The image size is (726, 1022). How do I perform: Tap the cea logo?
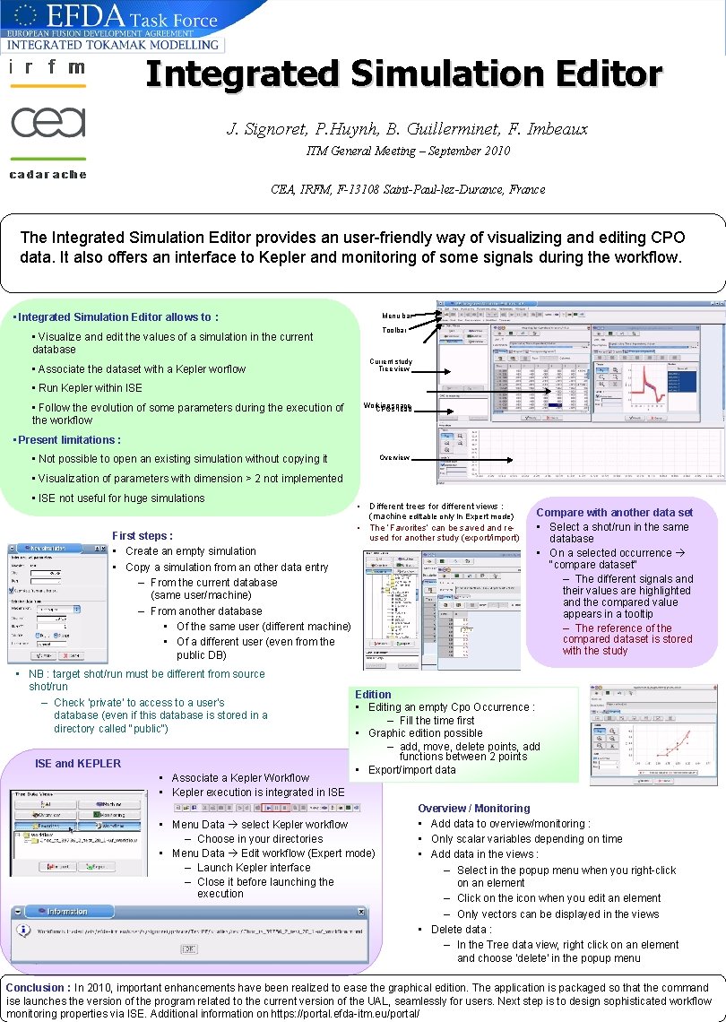[48, 122]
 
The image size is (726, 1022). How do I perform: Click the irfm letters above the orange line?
[48, 67]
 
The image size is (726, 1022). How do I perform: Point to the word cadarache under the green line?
[48, 174]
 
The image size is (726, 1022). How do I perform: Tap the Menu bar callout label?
[396, 316]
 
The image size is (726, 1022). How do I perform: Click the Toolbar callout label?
[393, 331]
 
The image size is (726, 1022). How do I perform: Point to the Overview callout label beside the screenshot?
[394, 457]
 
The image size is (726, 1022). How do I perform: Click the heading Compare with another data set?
[614, 513]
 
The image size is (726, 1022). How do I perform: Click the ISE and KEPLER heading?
[78, 763]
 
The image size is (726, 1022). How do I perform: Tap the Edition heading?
[373, 694]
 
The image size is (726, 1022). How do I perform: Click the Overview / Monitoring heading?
[473, 808]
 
